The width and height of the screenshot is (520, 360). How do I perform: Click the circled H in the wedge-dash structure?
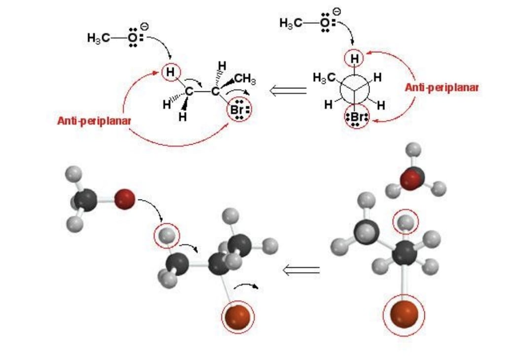[171, 72]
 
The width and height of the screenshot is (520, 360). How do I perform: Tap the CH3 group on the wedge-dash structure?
[245, 80]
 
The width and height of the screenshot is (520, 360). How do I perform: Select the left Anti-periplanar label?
[94, 121]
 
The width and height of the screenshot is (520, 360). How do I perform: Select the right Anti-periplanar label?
[442, 87]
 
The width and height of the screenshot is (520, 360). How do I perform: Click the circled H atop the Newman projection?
[355, 59]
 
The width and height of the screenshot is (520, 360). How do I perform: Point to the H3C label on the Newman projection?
[324, 78]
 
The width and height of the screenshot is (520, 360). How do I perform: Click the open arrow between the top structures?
[288, 90]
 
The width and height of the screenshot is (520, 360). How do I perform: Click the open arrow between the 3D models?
[301, 270]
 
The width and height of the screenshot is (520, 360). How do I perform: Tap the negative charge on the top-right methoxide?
[336, 12]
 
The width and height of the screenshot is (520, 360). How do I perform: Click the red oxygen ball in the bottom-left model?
[125, 199]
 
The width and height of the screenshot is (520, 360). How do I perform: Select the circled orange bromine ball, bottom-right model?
[404, 315]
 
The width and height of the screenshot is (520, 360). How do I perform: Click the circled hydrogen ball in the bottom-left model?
[167, 236]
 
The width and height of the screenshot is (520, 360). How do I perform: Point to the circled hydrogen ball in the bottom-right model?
[406, 222]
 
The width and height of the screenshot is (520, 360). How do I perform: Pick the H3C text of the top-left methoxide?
[99, 38]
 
